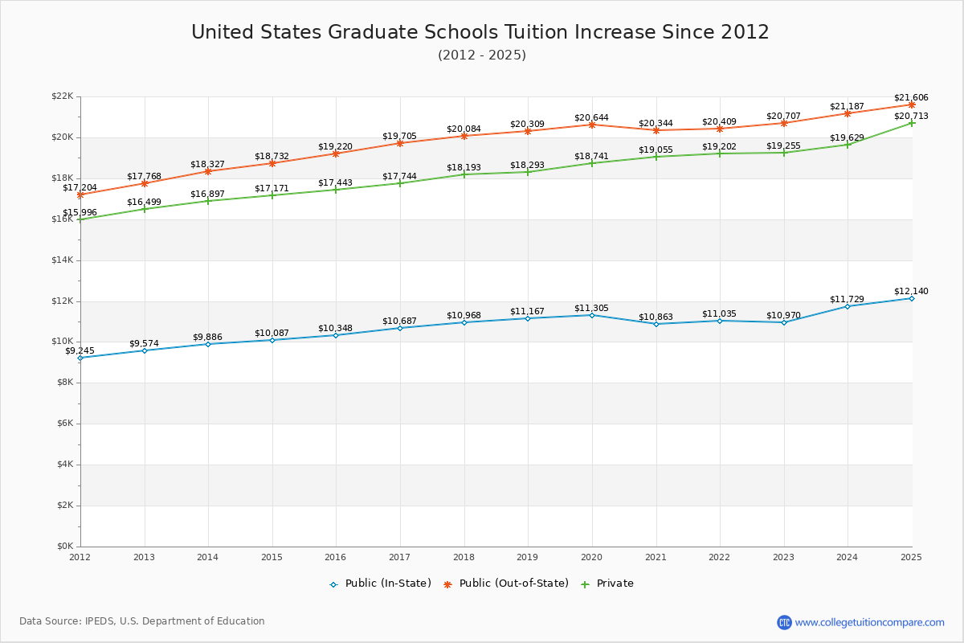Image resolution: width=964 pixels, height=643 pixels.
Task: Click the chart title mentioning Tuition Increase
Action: coord(480,32)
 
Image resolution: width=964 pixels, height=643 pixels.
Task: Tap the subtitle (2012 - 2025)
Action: coord(482,55)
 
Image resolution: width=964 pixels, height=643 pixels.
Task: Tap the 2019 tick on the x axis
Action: coord(528,557)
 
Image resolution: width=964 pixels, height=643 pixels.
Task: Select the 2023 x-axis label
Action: coord(783,557)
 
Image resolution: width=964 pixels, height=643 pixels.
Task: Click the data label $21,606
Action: coord(911,97)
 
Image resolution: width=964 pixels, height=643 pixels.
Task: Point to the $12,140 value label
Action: coord(911,291)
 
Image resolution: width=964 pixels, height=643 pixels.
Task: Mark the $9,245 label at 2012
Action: coord(80,350)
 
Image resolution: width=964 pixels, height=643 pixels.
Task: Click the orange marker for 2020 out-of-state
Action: coord(592,125)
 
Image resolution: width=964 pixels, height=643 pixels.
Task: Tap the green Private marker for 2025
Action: coord(912,123)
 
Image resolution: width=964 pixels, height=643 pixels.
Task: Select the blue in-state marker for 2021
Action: coord(656,324)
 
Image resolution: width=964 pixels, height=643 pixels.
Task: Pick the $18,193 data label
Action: coord(464,167)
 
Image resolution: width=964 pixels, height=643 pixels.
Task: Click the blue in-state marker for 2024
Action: coord(848,306)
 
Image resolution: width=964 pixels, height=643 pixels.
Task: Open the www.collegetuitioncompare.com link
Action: coord(869,622)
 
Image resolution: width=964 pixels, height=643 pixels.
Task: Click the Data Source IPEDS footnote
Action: coord(142,621)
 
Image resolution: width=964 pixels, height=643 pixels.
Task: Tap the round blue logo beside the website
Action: coord(784,622)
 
